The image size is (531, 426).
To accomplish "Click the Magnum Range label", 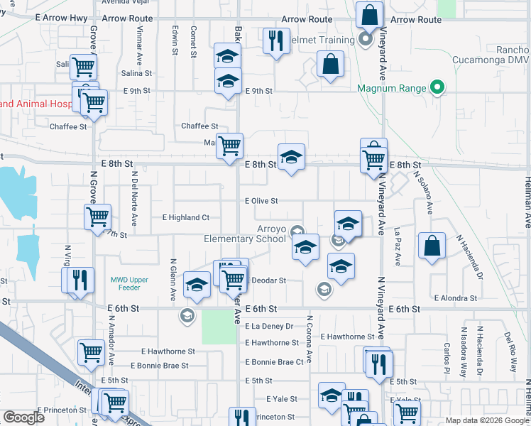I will tap(391, 89).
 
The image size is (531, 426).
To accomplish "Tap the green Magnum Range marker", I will tap(438, 89).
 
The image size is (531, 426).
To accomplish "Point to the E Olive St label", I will tap(261, 201).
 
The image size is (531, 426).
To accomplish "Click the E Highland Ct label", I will tap(185, 217).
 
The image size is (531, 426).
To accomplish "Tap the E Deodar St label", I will tap(269, 280).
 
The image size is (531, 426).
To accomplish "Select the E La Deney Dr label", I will tap(269, 327).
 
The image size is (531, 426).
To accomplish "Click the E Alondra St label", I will tap(456, 297).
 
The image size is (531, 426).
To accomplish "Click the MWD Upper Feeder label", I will tap(130, 283).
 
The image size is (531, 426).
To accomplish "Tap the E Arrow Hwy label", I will tap(60, 20).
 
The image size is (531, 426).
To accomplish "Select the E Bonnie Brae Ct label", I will tap(275, 362).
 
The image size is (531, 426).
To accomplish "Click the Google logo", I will tap(23, 417).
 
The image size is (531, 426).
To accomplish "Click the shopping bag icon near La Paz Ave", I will tap(432, 246).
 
